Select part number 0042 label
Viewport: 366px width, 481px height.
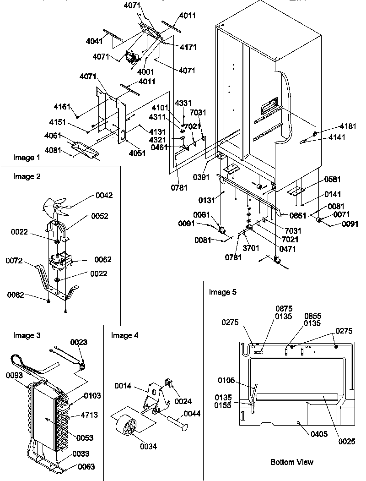[x=104, y=196]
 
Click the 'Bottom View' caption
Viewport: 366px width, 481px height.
[x=292, y=462]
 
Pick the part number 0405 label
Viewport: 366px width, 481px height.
[x=318, y=434]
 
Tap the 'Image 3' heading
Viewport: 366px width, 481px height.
[x=27, y=336]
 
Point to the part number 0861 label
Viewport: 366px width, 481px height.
[x=297, y=214]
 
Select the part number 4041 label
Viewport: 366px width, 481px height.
[x=94, y=41]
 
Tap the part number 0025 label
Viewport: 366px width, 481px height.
[x=346, y=442]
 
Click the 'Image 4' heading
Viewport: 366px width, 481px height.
[x=124, y=336]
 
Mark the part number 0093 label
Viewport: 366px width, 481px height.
[x=15, y=375]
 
